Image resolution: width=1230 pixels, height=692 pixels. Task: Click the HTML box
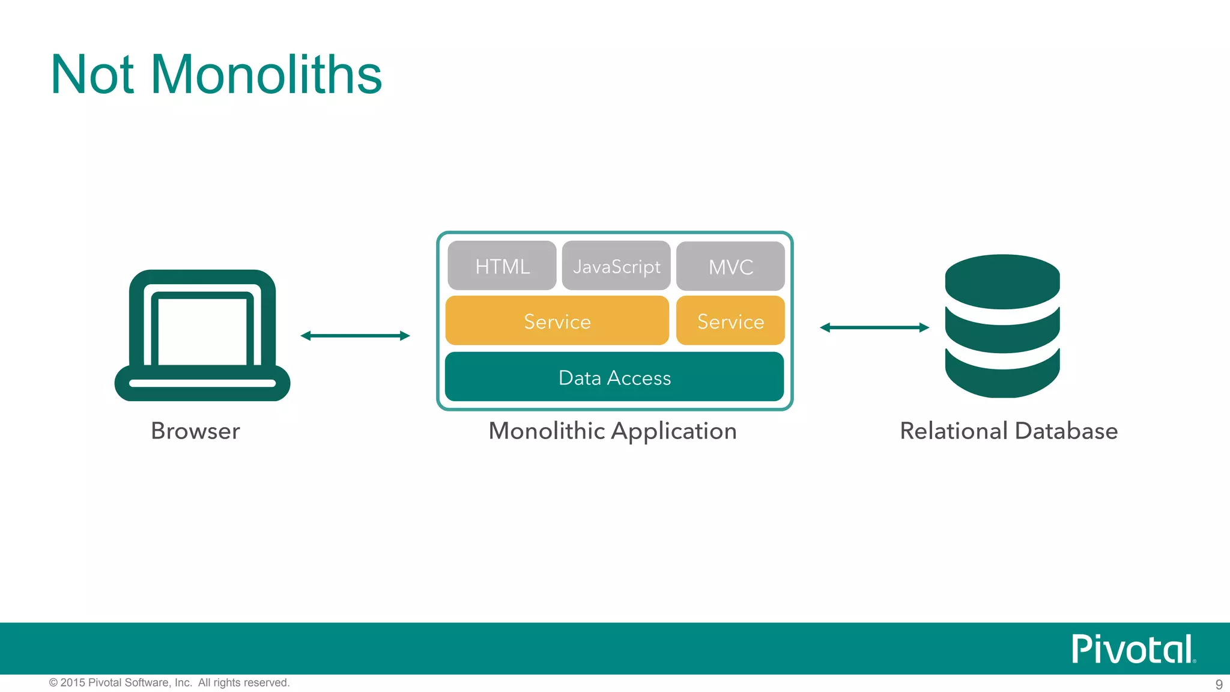coord(502,266)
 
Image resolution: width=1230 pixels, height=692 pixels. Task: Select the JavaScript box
coord(616,266)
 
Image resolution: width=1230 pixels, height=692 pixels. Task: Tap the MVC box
coord(730,267)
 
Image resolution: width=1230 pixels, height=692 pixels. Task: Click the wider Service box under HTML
coord(557,321)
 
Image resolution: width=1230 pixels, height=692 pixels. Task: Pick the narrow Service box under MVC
coord(730,321)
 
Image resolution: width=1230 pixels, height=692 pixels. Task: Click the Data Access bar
coord(614,377)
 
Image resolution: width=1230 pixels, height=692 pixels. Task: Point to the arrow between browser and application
coord(355,336)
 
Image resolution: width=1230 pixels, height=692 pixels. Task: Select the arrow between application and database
coord(874,327)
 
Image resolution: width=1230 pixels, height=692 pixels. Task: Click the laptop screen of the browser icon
coord(202,330)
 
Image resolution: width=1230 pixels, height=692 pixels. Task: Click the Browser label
coord(195,431)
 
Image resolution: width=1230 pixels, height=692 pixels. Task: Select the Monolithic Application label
coord(613,431)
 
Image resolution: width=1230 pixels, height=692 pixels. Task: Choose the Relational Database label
coord(1008,431)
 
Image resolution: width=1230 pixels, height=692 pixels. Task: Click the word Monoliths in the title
coord(266,74)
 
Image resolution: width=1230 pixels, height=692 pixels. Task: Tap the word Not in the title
coord(92,74)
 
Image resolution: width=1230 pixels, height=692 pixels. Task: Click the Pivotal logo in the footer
coord(1133,649)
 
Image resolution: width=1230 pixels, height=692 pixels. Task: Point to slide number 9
coord(1219,684)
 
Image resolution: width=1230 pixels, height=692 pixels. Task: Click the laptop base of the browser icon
coord(202,383)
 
